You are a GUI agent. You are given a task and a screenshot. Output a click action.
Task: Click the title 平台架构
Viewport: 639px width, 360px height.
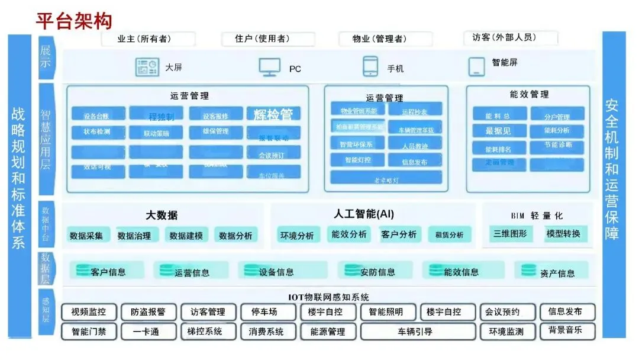(74, 21)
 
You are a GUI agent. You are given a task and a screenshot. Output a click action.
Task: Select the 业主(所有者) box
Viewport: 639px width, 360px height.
(148, 39)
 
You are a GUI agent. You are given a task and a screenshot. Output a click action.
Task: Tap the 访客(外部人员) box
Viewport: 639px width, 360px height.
(511, 38)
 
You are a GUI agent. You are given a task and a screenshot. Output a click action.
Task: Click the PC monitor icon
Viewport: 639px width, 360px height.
(269, 67)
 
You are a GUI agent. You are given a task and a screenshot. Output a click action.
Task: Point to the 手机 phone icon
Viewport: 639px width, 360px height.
(370, 67)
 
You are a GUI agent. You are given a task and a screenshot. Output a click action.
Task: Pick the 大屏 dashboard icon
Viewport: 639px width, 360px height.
(147, 67)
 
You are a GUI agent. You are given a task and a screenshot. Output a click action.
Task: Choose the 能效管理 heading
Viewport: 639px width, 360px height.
(529, 94)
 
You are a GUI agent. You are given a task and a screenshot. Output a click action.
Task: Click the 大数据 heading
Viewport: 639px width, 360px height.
(162, 216)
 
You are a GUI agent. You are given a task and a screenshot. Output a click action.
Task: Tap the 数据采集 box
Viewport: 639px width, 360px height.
(86, 236)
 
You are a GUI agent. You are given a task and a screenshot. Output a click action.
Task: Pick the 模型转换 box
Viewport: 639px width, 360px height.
(563, 233)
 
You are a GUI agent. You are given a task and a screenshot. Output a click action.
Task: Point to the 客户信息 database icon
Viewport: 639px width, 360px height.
(82, 271)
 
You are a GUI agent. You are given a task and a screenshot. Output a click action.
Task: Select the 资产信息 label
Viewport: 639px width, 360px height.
(557, 273)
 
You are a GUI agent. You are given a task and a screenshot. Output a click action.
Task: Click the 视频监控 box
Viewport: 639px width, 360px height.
(89, 312)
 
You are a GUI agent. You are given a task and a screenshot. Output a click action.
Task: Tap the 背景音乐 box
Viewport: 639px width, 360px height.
(565, 330)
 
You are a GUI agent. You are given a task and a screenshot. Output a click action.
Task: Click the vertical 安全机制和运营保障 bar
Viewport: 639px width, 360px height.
(613, 184)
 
